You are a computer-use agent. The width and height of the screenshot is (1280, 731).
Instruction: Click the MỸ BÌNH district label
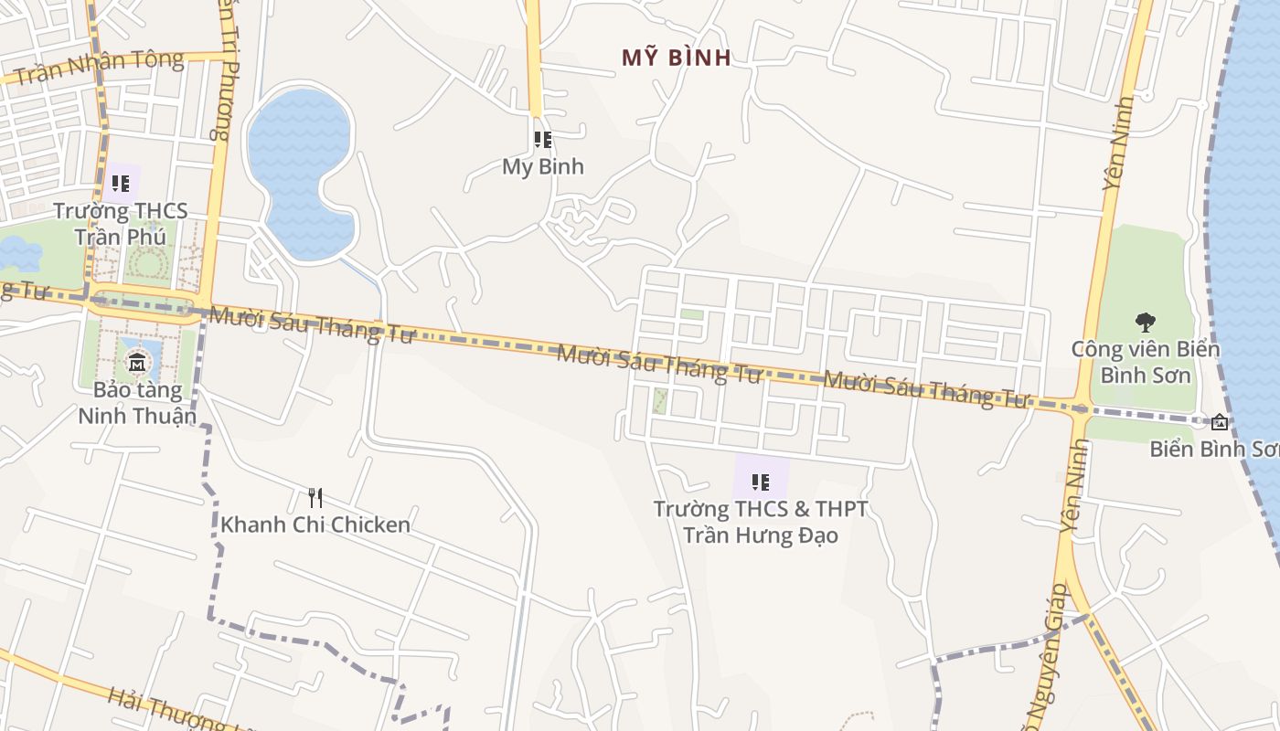pos(677,58)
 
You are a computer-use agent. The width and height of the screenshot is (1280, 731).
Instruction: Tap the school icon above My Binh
pos(543,140)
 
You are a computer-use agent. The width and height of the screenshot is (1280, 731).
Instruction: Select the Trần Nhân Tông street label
pos(99,67)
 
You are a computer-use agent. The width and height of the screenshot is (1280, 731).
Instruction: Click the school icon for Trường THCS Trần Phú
pos(121,183)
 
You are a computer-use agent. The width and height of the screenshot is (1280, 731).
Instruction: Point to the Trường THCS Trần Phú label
pos(121,224)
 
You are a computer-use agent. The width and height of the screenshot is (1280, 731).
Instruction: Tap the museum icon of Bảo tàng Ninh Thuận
pos(137,362)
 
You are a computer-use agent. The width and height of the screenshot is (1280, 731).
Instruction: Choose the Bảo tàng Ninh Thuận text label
pos(137,403)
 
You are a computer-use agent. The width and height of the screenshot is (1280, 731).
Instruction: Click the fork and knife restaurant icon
pos(315,498)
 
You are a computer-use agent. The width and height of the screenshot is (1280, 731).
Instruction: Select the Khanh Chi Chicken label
pos(315,524)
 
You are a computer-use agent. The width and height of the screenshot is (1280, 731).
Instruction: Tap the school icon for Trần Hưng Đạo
pos(761,482)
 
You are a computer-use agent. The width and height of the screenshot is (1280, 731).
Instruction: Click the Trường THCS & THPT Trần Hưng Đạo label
pos(761,521)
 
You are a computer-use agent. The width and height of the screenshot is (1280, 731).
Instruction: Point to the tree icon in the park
pos(1145,322)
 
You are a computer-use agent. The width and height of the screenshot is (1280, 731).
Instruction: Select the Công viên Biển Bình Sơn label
pos(1145,362)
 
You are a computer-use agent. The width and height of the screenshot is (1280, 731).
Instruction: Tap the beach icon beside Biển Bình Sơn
pos(1220,422)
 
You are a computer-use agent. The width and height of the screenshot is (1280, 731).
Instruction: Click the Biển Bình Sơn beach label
pos(1214,449)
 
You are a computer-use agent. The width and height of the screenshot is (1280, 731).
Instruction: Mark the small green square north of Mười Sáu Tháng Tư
pos(691,314)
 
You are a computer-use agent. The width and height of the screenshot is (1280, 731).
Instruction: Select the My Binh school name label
pos(543,167)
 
